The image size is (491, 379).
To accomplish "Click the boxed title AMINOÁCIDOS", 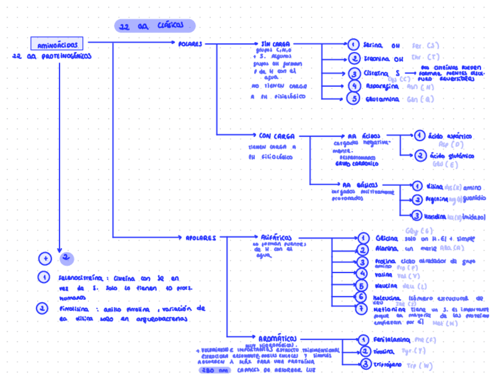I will [56, 45].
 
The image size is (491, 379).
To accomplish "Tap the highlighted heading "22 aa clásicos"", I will [154, 26].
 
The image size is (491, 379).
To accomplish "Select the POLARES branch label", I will [190, 44].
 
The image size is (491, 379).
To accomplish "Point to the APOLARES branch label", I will [201, 237].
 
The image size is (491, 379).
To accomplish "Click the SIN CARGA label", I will [276, 44].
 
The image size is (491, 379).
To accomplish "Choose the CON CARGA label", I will [277, 137].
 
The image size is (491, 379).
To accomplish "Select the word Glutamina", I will [382, 100].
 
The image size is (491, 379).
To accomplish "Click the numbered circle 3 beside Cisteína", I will [354, 73].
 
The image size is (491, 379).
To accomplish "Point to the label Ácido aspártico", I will [450, 137].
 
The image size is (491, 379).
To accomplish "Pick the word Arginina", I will [436, 199].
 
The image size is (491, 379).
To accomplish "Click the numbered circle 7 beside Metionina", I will [361, 309].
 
